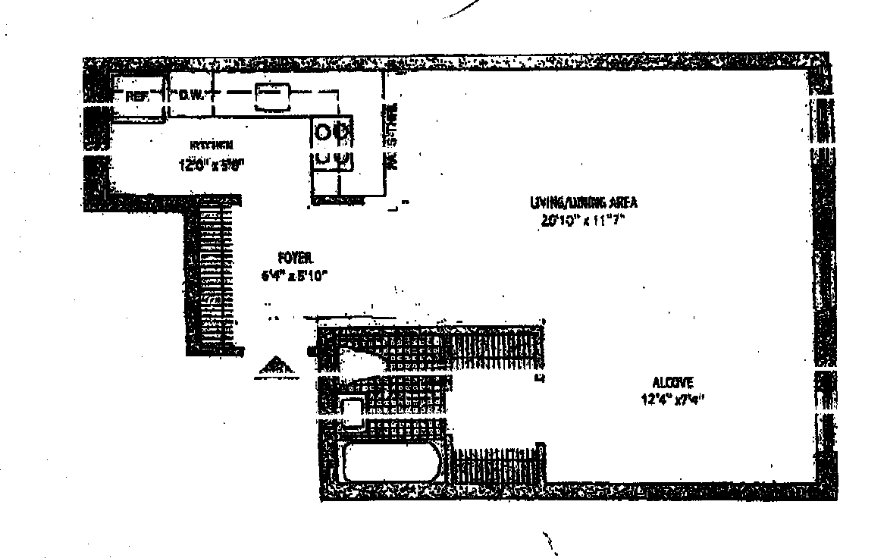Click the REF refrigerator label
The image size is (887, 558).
click(x=136, y=96)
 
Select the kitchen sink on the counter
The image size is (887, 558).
click(x=270, y=96)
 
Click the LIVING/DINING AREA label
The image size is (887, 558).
click(x=584, y=202)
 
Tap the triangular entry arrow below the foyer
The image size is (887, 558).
click(x=276, y=365)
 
